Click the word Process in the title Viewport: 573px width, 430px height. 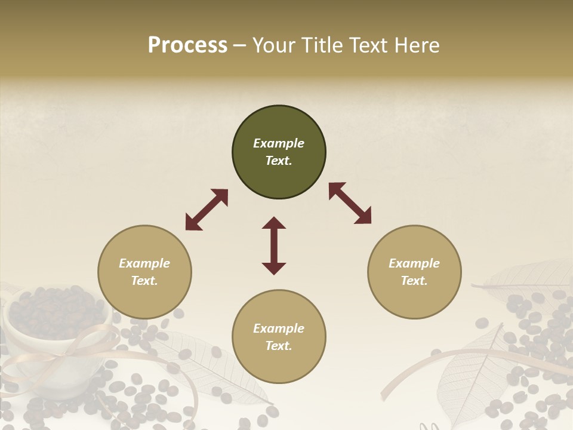point(187,45)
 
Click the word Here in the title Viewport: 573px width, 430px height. point(417,45)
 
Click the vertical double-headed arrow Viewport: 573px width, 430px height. point(274,245)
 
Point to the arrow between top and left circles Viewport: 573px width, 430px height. point(207,210)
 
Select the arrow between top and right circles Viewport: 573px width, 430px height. point(350,203)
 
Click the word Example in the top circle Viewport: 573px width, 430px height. point(279,143)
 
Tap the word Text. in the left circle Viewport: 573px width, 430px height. point(144,281)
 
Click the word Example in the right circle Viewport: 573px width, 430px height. point(414,263)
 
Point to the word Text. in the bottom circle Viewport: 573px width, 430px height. point(279,346)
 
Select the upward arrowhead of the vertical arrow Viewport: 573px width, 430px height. point(274,223)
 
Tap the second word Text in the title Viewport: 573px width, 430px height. point(369,45)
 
